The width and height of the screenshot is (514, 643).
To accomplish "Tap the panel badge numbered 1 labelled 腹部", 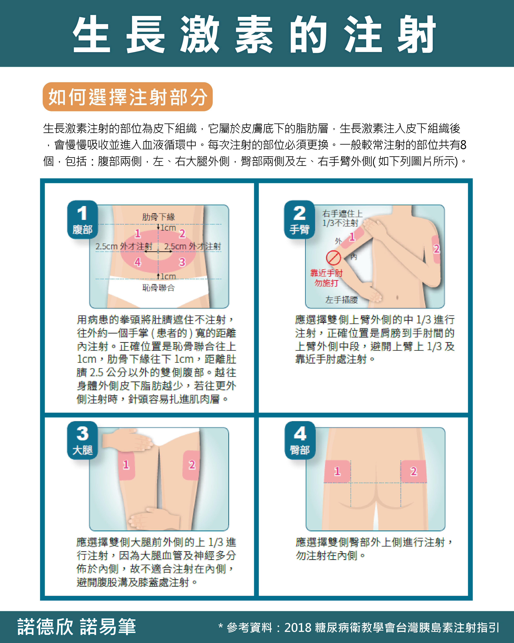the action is (82, 220).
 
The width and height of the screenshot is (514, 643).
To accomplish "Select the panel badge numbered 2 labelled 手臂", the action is (299, 220).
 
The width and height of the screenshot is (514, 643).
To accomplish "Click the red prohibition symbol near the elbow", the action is (333, 258).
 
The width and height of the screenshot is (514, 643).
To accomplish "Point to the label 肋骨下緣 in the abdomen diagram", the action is (158, 217).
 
